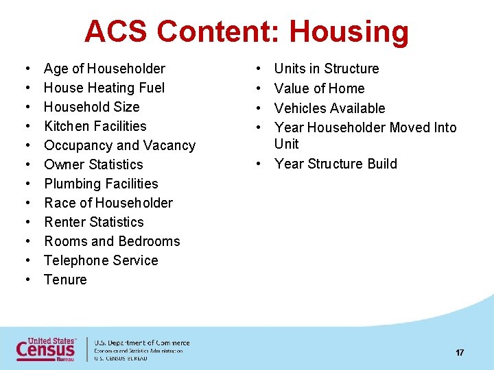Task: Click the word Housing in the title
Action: click(349, 32)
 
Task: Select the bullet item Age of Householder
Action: click(104, 69)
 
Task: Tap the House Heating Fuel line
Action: click(104, 88)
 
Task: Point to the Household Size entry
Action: click(91, 107)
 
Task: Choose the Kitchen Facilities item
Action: click(95, 126)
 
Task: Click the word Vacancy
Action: click(169, 145)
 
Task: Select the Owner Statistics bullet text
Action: click(93, 164)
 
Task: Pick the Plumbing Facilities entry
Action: click(101, 184)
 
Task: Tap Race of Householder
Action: click(108, 203)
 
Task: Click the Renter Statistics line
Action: click(94, 222)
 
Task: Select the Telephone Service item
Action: click(101, 260)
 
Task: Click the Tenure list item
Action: click(65, 280)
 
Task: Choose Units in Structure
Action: click(327, 69)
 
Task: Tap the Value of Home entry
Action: click(319, 88)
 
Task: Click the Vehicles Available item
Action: click(329, 108)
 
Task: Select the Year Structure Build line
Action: click(336, 164)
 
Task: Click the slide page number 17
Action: click(460, 352)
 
